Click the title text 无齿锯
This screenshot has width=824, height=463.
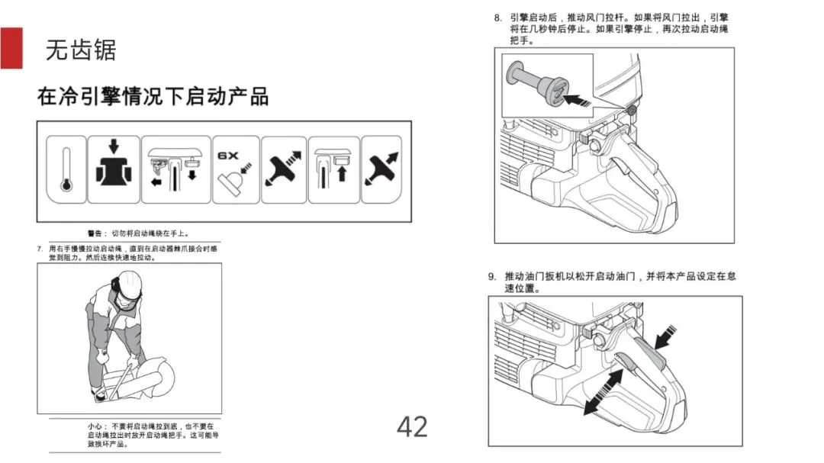coord(81,50)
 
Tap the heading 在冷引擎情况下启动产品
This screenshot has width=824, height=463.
coord(153,97)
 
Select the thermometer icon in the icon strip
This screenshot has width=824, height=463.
coord(66,169)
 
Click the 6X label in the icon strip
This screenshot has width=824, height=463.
coord(228,155)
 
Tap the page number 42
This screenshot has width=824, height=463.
coord(412,426)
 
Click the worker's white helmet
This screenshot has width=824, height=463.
coord(128,285)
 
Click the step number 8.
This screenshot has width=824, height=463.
coord(497,17)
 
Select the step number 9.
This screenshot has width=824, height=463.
coord(493,276)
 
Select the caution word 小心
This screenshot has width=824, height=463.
coord(96,426)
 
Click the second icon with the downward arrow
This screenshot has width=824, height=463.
coord(114,169)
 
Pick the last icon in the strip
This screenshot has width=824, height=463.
coord(381,169)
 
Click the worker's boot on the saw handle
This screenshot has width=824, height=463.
coord(98,394)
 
